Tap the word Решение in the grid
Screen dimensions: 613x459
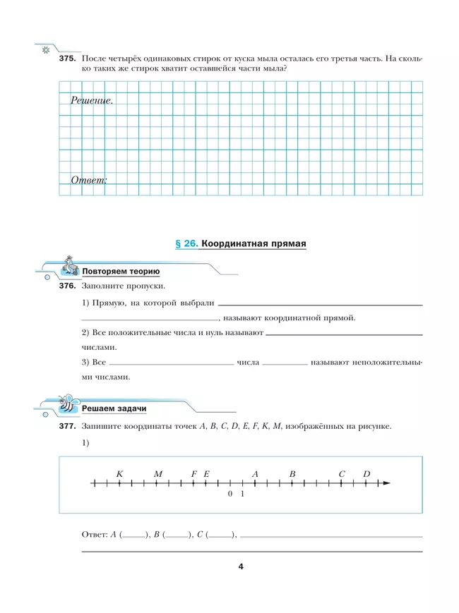point(91,101)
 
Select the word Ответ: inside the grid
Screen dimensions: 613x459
point(88,180)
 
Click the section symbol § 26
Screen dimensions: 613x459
point(185,244)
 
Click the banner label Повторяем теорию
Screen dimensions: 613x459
point(121,272)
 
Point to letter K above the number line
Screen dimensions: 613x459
point(119,474)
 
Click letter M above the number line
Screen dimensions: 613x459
point(157,474)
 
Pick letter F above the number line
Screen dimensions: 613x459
point(193,474)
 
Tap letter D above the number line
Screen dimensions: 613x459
point(366,474)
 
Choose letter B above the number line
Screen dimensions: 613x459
point(292,474)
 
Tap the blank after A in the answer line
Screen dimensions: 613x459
point(135,536)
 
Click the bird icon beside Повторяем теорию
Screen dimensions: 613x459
point(70,265)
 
